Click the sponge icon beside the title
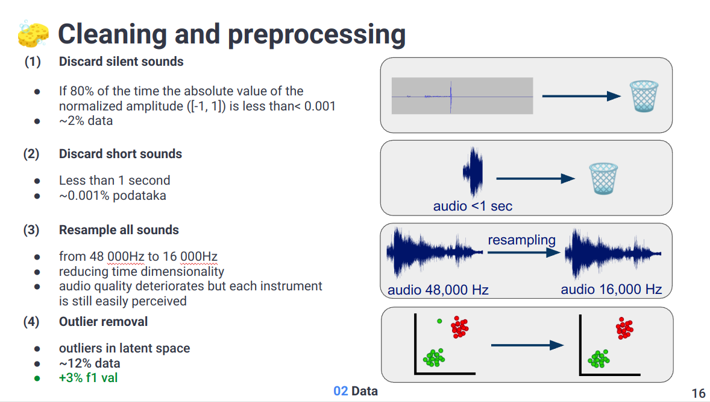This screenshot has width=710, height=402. pos(33,34)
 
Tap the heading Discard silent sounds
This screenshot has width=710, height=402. pos(121,62)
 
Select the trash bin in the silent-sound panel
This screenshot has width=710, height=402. pos(644,97)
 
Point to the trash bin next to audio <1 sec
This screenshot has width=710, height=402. pos(603,178)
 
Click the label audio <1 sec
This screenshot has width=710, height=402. pos(473,206)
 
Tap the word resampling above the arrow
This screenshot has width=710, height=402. pos(521,240)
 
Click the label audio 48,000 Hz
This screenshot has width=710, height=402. pos(438,290)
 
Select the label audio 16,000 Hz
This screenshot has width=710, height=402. pos(611,290)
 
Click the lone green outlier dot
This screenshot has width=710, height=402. pos(439,321)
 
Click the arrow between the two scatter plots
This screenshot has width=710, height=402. pos(527,345)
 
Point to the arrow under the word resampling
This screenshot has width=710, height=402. pos(524,253)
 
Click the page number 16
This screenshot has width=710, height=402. pos(698,394)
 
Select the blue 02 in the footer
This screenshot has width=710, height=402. pos(341,391)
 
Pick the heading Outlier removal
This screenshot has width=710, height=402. pos(103,322)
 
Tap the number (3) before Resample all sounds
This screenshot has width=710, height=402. pos(31,230)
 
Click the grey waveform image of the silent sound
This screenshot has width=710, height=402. pos(462,96)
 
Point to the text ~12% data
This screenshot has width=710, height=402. pos(89,363)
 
